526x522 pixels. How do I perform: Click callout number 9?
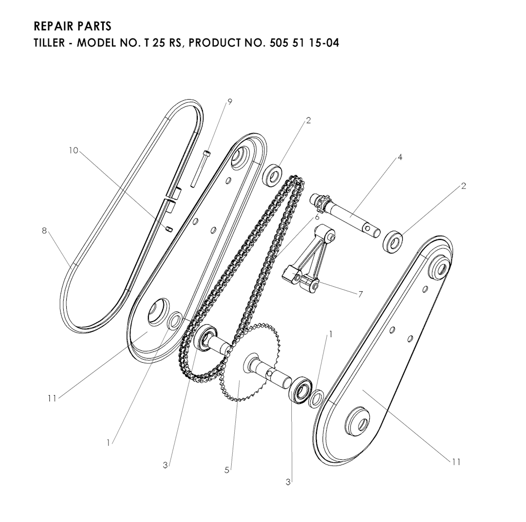click(230, 102)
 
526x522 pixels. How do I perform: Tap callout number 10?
click(73, 151)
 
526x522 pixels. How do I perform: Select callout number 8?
click(44, 231)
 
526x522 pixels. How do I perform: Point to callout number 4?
click(400, 157)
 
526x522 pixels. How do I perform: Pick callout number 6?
click(316, 217)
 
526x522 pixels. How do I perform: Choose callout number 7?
click(361, 294)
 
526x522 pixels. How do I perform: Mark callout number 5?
click(227, 470)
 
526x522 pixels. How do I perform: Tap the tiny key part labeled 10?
click(169, 229)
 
